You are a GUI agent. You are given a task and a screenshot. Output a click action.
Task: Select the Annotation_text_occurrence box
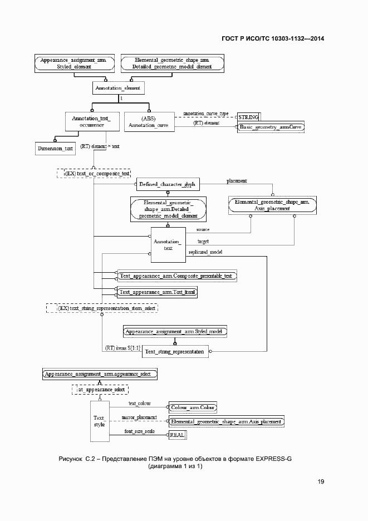(x=92, y=122)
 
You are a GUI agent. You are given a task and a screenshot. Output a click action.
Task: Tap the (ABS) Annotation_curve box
(x=149, y=122)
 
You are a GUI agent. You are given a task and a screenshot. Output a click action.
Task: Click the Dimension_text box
(x=55, y=148)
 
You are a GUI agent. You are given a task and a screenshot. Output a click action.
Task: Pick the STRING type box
(x=248, y=117)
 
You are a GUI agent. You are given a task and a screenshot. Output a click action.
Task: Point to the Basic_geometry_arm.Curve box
(x=271, y=127)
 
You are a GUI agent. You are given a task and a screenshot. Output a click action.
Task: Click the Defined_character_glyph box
(x=165, y=184)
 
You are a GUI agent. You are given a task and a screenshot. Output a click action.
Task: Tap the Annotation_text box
(x=168, y=244)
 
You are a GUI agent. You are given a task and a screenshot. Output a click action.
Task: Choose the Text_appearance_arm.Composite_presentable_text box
(x=175, y=276)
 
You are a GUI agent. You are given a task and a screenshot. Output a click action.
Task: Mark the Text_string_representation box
(x=175, y=351)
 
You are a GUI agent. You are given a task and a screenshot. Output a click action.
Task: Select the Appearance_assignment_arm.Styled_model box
(x=175, y=332)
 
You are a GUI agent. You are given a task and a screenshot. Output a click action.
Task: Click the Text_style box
(x=99, y=421)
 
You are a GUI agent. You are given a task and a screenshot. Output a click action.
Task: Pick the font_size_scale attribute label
(x=139, y=431)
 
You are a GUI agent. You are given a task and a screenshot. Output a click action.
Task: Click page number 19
(x=321, y=481)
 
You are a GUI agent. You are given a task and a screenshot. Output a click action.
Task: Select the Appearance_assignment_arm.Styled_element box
(x=73, y=62)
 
